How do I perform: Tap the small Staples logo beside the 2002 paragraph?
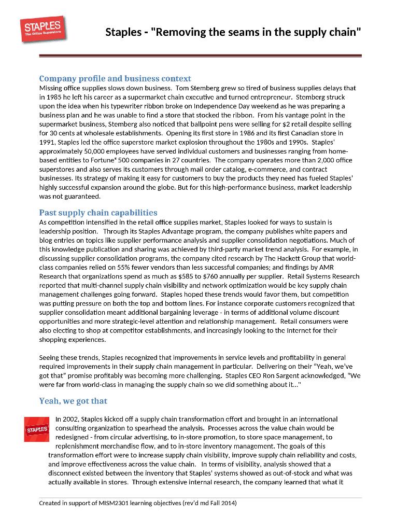(37, 429)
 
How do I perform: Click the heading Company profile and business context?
(115, 78)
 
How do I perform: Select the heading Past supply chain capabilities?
(98, 213)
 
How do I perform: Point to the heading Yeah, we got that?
(73, 401)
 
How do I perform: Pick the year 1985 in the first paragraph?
(53, 97)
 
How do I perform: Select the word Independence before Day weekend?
(242, 106)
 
